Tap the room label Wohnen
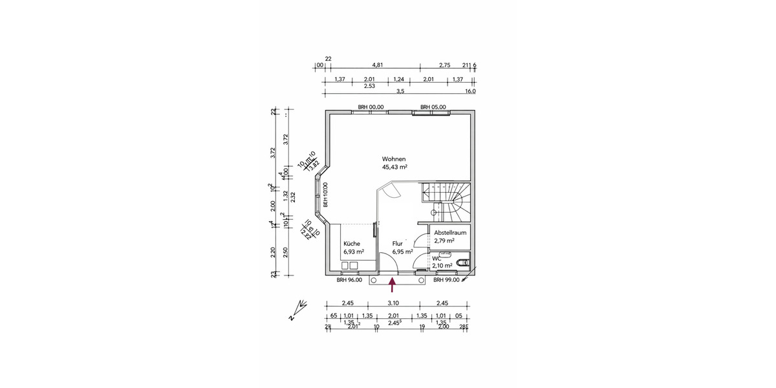point(394,158)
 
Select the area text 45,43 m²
point(394,167)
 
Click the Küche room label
point(352,244)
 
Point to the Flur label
point(398,244)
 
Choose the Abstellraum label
point(449,232)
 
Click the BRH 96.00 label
point(349,280)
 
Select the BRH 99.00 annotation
point(446,280)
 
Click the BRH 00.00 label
point(371,107)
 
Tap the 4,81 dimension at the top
point(378,65)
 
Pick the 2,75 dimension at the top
point(444,65)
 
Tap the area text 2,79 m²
point(444,240)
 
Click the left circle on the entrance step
point(373,281)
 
